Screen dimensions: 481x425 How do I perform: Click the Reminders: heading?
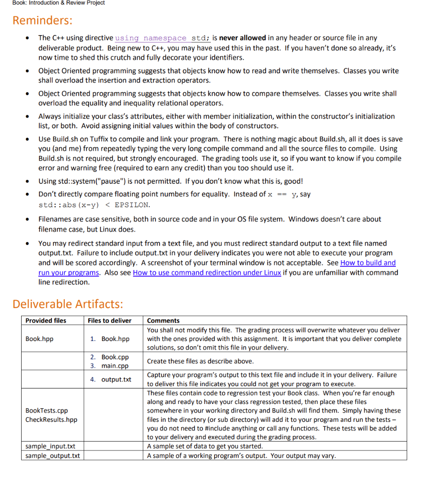click(42, 21)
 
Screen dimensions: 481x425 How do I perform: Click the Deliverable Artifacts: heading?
click(68, 304)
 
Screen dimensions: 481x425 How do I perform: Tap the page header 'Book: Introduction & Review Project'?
click(52, 3)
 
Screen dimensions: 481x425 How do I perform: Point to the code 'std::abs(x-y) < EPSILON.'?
click(94, 205)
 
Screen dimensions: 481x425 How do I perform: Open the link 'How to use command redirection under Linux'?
click(207, 272)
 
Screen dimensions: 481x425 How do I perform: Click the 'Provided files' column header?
click(46, 320)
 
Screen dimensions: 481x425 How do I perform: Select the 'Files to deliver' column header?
click(109, 320)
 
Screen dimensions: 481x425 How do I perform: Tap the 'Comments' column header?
click(163, 320)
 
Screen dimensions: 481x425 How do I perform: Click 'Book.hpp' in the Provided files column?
click(39, 339)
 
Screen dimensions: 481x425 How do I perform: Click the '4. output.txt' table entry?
click(111, 380)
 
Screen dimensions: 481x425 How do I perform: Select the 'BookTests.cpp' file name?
click(46, 411)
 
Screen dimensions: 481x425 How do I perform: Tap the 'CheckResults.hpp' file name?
click(51, 419)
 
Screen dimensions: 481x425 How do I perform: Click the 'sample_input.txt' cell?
click(50, 446)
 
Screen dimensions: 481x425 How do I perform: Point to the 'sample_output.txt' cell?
click(52, 456)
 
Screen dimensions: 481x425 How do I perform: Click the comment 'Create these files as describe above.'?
click(200, 361)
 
